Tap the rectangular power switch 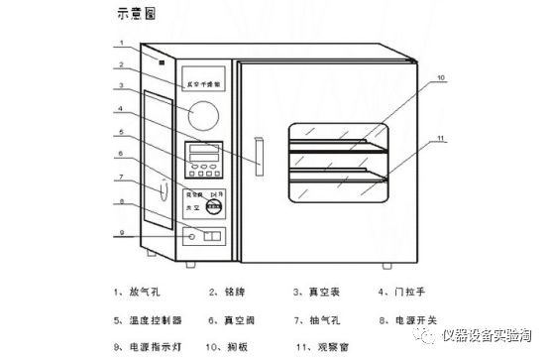[x=213, y=237]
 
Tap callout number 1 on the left [x=120, y=43]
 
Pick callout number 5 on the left [x=120, y=132]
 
